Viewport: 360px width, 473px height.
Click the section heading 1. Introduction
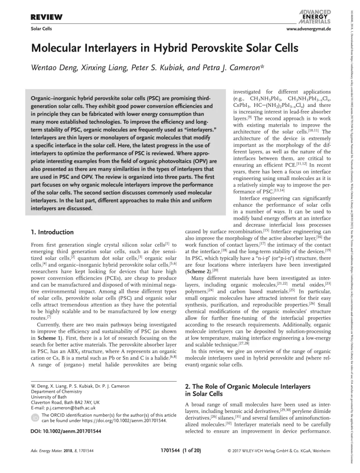52,232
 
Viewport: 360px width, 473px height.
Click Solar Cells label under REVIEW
41,29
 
